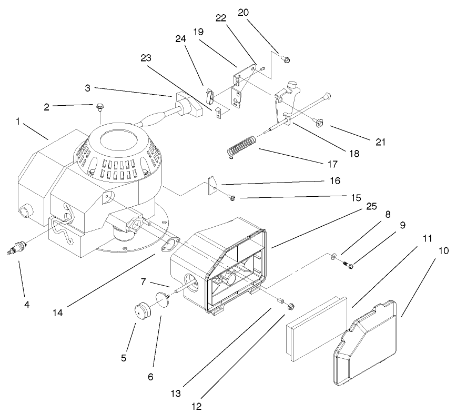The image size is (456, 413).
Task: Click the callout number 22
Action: point(221,18)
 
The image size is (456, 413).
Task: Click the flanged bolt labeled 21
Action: point(318,123)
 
